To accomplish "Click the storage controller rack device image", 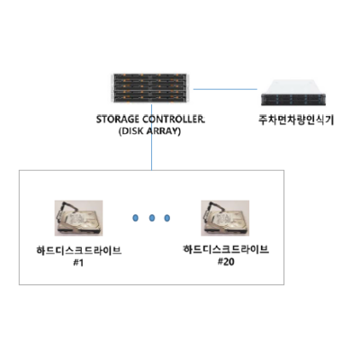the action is click(x=150, y=87).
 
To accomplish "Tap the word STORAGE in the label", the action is click(x=118, y=120).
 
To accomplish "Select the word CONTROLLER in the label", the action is click(x=174, y=120).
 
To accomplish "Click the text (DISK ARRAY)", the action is click(x=149, y=131).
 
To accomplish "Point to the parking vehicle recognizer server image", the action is click(x=293, y=93).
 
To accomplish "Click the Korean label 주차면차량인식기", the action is click(x=296, y=120).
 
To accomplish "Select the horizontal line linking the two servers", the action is click(x=225, y=89).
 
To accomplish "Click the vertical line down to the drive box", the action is click(x=151, y=137).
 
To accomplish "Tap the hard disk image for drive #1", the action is click(x=78, y=218).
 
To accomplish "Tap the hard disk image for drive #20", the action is click(x=225, y=218).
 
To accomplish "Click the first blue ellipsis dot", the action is click(x=136, y=218).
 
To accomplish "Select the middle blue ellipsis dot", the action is click(x=152, y=218).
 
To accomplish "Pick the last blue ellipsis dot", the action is click(x=167, y=218).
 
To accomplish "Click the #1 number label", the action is click(x=78, y=263).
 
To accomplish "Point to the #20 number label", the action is click(x=226, y=262).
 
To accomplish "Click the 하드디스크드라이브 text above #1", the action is click(x=79, y=250).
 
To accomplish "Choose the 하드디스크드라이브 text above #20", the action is click(x=226, y=249).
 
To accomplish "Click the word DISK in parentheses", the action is click(x=131, y=131).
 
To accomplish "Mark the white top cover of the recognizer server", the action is click(x=293, y=87).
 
